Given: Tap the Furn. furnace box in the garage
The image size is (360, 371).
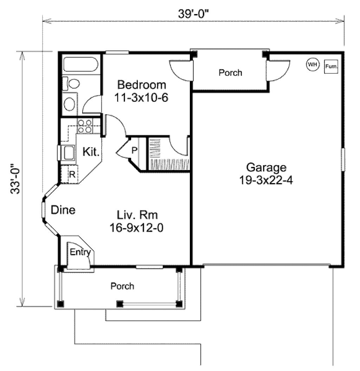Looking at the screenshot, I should click(331, 66).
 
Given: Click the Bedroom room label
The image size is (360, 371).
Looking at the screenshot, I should click(141, 85).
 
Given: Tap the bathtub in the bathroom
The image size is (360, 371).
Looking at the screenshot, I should click(80, 64).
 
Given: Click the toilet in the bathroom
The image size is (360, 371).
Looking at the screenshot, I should click(72, 84).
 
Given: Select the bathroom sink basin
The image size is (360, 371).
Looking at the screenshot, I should click(70, 104).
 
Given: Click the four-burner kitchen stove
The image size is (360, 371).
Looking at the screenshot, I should click(85, 126).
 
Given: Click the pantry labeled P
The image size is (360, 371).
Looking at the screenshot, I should click(134, 150).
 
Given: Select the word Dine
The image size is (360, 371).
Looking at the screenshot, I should click(63, 210).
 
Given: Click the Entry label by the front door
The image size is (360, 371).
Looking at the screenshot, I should click(80, 252).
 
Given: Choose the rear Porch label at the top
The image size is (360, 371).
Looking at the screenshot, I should click(230, 73).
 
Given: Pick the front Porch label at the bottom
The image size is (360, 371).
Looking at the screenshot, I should click(122, 286).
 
